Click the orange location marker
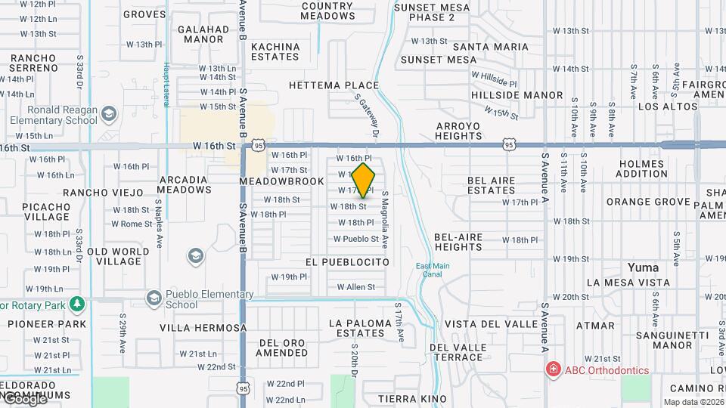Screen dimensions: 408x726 pos(364,180)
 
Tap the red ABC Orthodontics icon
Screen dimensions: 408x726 pos(554,369)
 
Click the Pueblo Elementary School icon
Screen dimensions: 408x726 pos(154,298)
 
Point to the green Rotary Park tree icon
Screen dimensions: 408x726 pos(76,304)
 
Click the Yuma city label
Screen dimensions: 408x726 pos(643,267)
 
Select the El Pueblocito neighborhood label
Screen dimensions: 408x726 pos(347,262)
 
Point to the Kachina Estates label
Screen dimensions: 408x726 pos(275,51)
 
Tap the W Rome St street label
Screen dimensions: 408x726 pos(132,224)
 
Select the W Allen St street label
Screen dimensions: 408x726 pos(355,287)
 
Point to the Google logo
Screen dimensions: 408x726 pos(24,400)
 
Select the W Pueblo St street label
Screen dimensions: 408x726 pos(356,239)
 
